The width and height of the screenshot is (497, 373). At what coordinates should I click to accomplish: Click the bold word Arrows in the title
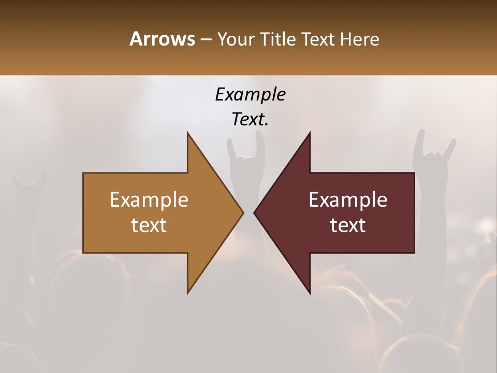tap(162, 39)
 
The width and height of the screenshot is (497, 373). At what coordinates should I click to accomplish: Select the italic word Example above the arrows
tap(250, 94)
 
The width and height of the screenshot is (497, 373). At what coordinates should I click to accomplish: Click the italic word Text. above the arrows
tap(250, 120)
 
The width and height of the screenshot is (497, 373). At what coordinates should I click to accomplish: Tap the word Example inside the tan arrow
tap(149, 199)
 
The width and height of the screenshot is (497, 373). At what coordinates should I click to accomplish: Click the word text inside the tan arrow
tap(149, 225)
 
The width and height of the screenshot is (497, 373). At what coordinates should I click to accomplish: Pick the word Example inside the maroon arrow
tap(348, 199)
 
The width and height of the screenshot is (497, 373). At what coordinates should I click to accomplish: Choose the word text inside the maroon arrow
tap(348, 225)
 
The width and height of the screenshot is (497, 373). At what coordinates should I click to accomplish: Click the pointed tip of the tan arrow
tap(243, 212)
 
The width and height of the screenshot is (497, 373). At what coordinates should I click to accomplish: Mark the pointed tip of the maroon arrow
tap(254, 212)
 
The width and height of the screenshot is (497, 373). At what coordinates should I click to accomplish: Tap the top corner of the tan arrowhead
tap(187, 133)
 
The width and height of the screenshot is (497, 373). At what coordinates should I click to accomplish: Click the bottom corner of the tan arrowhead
tap(187, 293)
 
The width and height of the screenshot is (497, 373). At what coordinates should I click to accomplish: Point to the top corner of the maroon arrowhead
tap(310, 133)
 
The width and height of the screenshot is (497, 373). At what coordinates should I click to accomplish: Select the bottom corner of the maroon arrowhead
tap(310, 293)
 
